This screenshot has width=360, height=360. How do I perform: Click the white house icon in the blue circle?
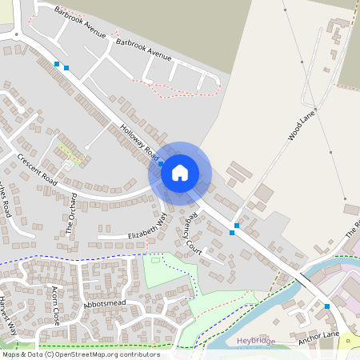pyautogui.click(x=180, y=172)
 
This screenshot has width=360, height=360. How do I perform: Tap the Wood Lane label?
pyautogui.click(x=303, y=126)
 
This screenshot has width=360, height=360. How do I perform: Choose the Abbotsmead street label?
pyautogui.click(x=104, y=305)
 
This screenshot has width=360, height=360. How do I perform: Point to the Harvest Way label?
pyautogui.click(x=9, y=314)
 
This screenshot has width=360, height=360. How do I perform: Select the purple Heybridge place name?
pyautogui.click(x=257, y=340)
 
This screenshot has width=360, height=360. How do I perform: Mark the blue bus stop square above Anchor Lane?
pyautogui.click(x=327, y=306)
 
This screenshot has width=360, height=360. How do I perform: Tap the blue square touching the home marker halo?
pyautogui.click(x=161, y=163)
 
